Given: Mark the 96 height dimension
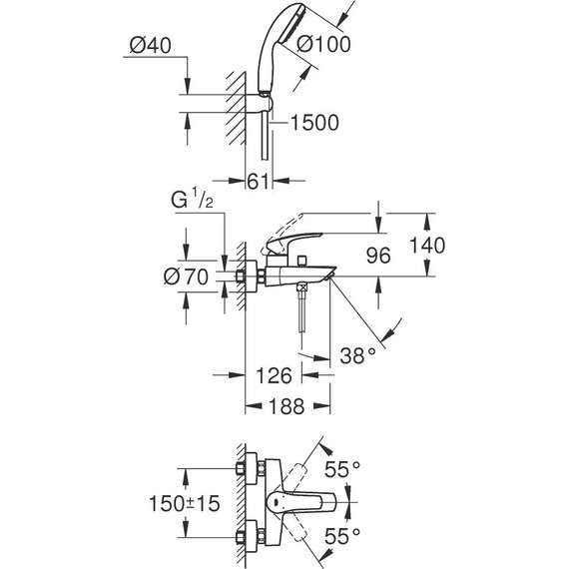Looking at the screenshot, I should point(377,256).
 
